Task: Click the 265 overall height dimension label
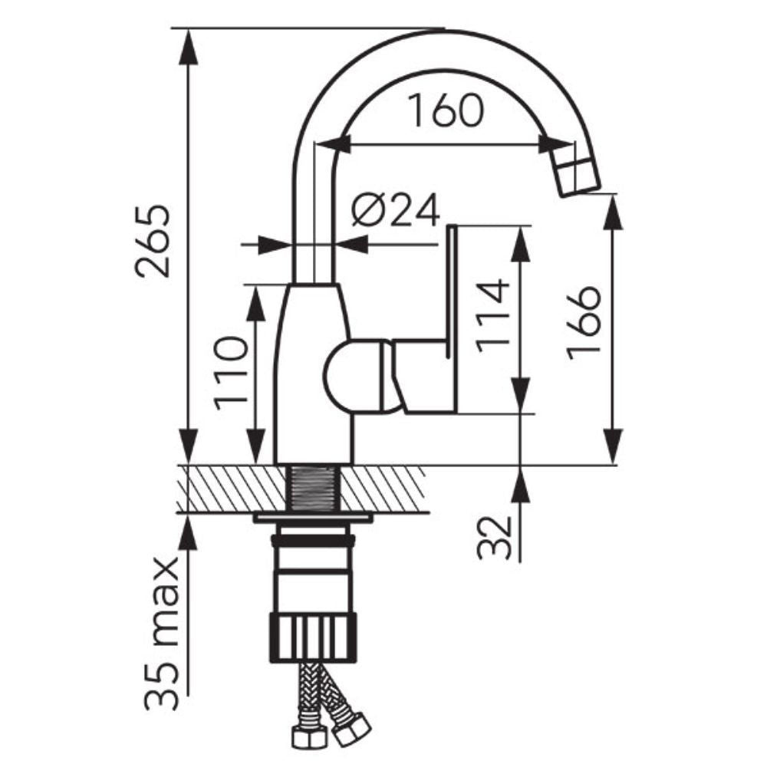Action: click(153, 241)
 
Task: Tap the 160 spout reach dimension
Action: click(445, 110)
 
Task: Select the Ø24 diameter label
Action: click(395, 209)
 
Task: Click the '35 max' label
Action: click(161, 634)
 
